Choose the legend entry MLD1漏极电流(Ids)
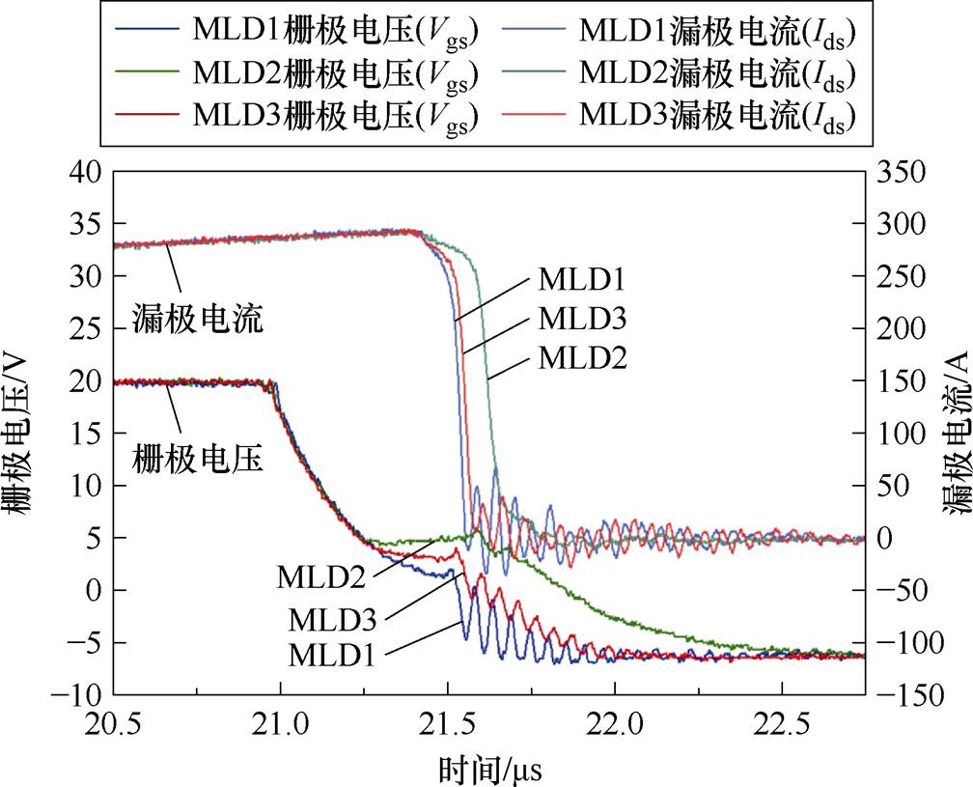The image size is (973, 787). [718, 30]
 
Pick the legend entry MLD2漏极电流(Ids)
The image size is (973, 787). [718, 73]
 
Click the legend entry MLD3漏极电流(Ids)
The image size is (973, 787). [718, 116]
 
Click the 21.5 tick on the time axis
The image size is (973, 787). [447, 721]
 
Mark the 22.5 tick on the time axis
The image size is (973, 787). [782, 721]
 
